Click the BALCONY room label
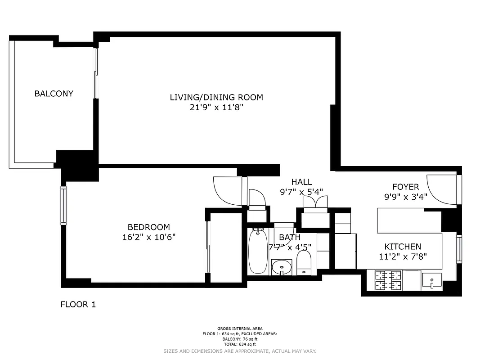tap(54, 94)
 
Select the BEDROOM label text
tap(148, 227)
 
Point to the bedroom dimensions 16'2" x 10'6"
tap(148, 237)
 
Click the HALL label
tap(301, 182)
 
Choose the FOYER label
tap(405, 187)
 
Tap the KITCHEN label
tap(403, 247)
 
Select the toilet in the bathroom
tap(304, 262)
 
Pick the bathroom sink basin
tap(282, 267)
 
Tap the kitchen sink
tap(431, 281)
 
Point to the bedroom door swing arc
tap(227, 191)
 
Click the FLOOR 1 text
tap(78, 305)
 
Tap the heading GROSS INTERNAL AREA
tap(240, 328)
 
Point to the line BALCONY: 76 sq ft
tap(240, 339)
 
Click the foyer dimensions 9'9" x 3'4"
tap(405, 197)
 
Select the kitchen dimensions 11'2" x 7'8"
tap(403, 256)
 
